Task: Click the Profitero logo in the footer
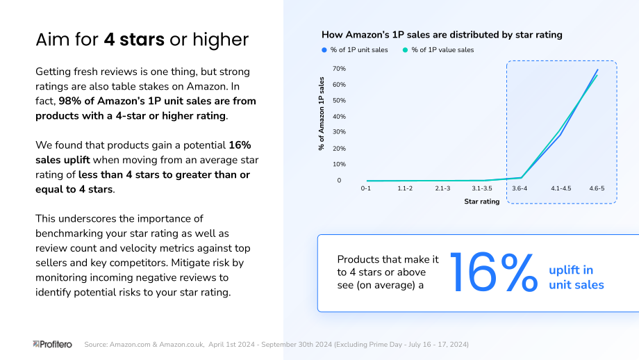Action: [52, 345]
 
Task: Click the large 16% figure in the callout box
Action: [494, 272]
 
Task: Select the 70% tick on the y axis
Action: [339, 69]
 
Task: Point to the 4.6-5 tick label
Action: [597, 188]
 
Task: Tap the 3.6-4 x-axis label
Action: [520, 188]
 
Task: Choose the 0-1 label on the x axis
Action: [366, 188]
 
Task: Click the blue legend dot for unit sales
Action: [324, 50]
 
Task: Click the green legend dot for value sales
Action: [405, 50]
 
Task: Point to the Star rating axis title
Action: [482, 202]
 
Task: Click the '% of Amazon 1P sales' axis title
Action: [322, 114]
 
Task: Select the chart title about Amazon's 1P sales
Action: [442, 35]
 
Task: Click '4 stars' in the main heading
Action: [134, 40]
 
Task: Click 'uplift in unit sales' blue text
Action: [576, 277]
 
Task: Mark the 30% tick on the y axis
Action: [339, 131]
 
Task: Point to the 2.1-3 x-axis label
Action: [442, 188]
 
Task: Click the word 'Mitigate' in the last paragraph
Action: [190, 263]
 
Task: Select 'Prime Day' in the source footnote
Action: [385, 345]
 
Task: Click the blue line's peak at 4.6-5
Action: [597, 69]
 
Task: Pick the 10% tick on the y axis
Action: [339, 164]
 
